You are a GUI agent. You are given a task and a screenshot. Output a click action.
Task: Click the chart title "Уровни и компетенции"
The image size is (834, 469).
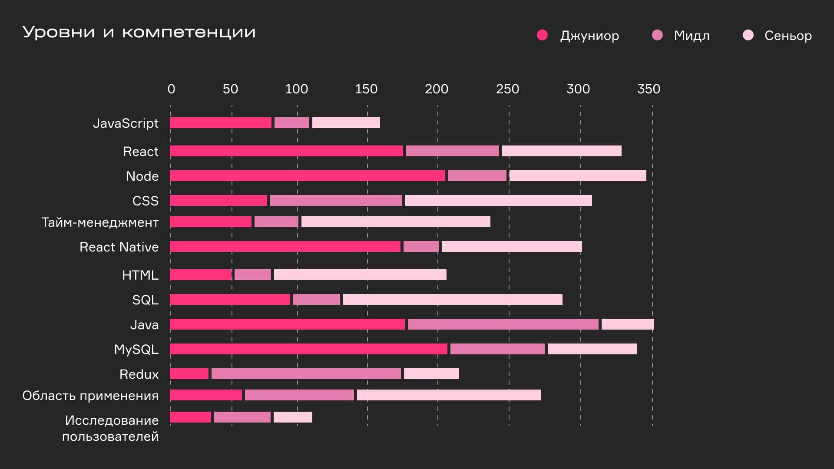pos(139,33)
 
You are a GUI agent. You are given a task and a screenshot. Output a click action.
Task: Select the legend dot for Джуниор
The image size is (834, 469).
pos(542,35)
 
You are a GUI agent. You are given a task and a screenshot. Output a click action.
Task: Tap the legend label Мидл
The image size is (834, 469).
pos(692,36)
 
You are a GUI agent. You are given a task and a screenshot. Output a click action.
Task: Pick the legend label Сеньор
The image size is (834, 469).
pos(788,36)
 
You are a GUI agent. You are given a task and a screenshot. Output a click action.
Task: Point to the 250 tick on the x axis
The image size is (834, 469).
pos(507,89)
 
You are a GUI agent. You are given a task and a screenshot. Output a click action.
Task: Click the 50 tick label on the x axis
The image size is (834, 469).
pos(230,89)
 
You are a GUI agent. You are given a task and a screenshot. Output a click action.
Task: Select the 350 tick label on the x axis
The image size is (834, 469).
pos(649,89)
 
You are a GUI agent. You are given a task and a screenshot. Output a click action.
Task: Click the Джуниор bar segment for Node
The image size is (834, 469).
pos(308,176)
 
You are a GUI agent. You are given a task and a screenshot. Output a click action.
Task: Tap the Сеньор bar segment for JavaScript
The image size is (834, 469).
pos(346,123)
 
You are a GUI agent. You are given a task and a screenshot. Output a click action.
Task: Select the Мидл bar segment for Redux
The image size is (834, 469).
pos(306,374)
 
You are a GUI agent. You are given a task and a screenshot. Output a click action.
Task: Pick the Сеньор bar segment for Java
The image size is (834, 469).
pos(628,324)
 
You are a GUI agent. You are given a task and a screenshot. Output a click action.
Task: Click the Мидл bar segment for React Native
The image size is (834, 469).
pos(421,247)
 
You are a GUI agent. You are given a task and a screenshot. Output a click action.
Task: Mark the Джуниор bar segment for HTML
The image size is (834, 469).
pos(201,275)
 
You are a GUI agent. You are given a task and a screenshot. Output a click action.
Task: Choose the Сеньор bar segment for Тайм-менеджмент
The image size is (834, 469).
pos(396,222)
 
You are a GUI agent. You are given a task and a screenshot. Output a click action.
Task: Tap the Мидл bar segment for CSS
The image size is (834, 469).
pos(336,201)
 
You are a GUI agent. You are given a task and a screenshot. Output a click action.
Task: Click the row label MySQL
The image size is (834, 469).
pos(136,350)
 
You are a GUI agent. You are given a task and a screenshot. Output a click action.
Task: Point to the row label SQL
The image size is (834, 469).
pos(145,300)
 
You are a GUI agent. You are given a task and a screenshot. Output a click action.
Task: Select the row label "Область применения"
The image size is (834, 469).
pos(90,396)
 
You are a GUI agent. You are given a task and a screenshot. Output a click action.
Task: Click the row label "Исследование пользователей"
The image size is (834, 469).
pos(111,428)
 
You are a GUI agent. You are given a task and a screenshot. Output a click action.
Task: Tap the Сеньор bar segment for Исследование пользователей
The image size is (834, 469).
pos(293,417)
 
